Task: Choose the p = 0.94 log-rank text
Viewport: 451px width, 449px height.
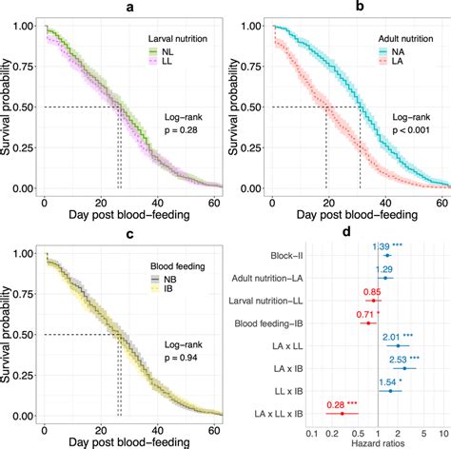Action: [x=167, y=359]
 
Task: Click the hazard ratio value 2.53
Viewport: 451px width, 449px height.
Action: [x=401, y=360]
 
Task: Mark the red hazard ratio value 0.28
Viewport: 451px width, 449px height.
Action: [x=336, y=406]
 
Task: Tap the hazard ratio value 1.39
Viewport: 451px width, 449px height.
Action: [x=386, y=246]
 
